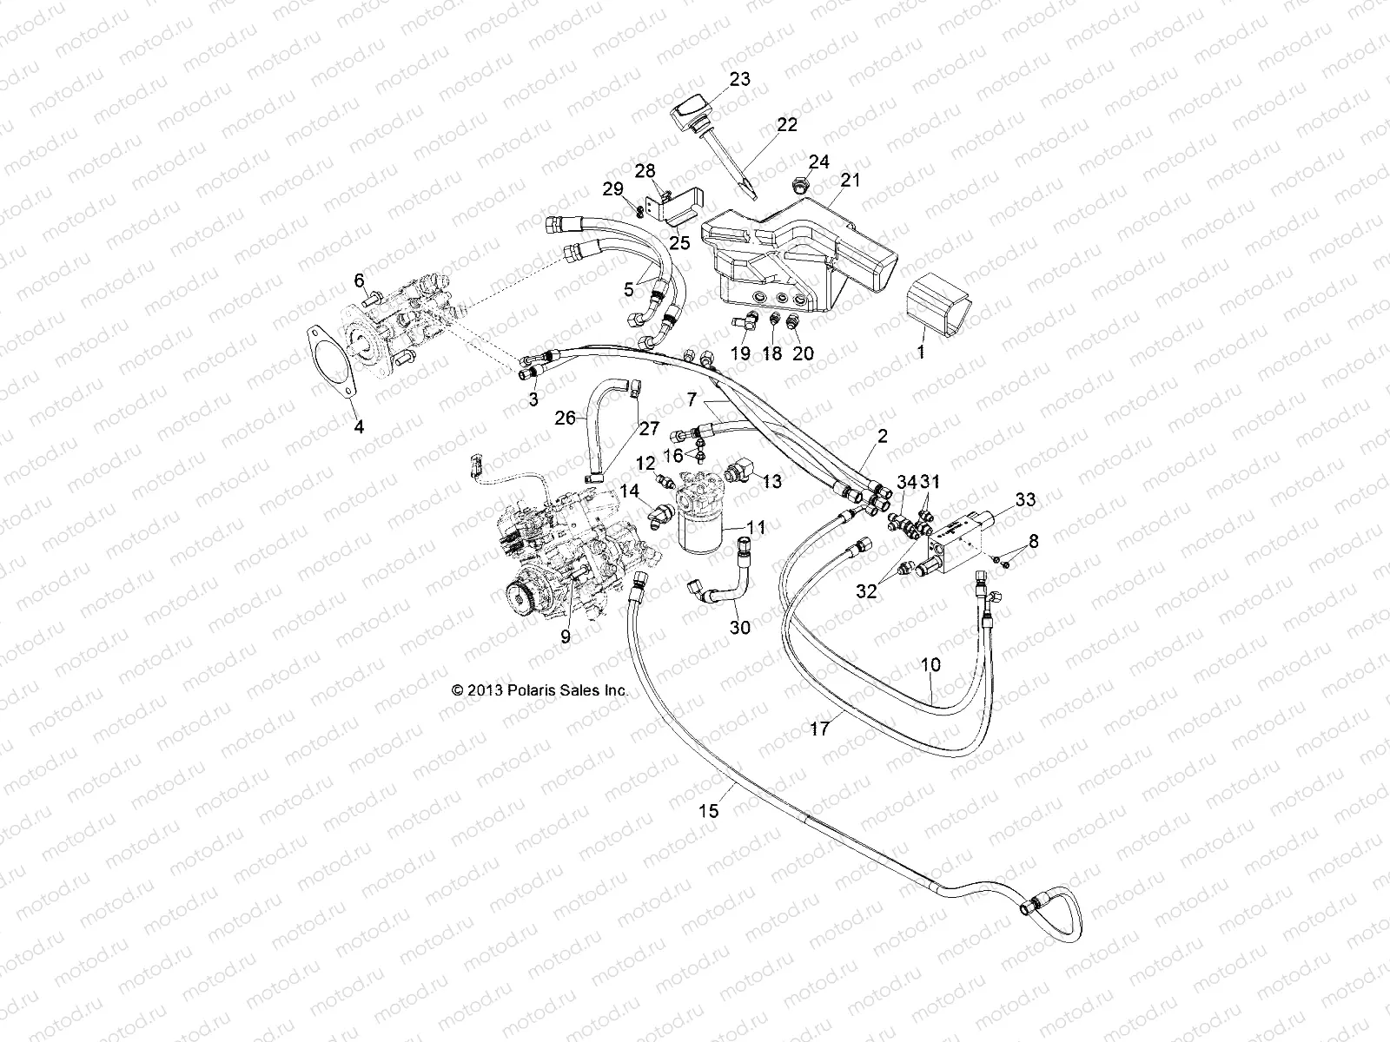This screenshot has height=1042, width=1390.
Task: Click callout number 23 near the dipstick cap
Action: (x=739, y=79)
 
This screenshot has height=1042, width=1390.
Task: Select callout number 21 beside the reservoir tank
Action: (x=850, y=181)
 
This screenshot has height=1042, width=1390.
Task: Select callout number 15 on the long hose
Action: (x=709, y=811)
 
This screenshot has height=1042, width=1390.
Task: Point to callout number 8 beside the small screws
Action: (x=1032, y=542)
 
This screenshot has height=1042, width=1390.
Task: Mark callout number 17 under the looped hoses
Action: (x=820, y=729)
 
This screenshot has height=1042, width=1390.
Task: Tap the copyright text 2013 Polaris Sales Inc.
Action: (x=539, y=691)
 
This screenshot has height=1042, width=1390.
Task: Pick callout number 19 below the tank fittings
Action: (x=740, y=353)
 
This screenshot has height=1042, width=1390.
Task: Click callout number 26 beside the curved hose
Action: (x=566, y=419)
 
